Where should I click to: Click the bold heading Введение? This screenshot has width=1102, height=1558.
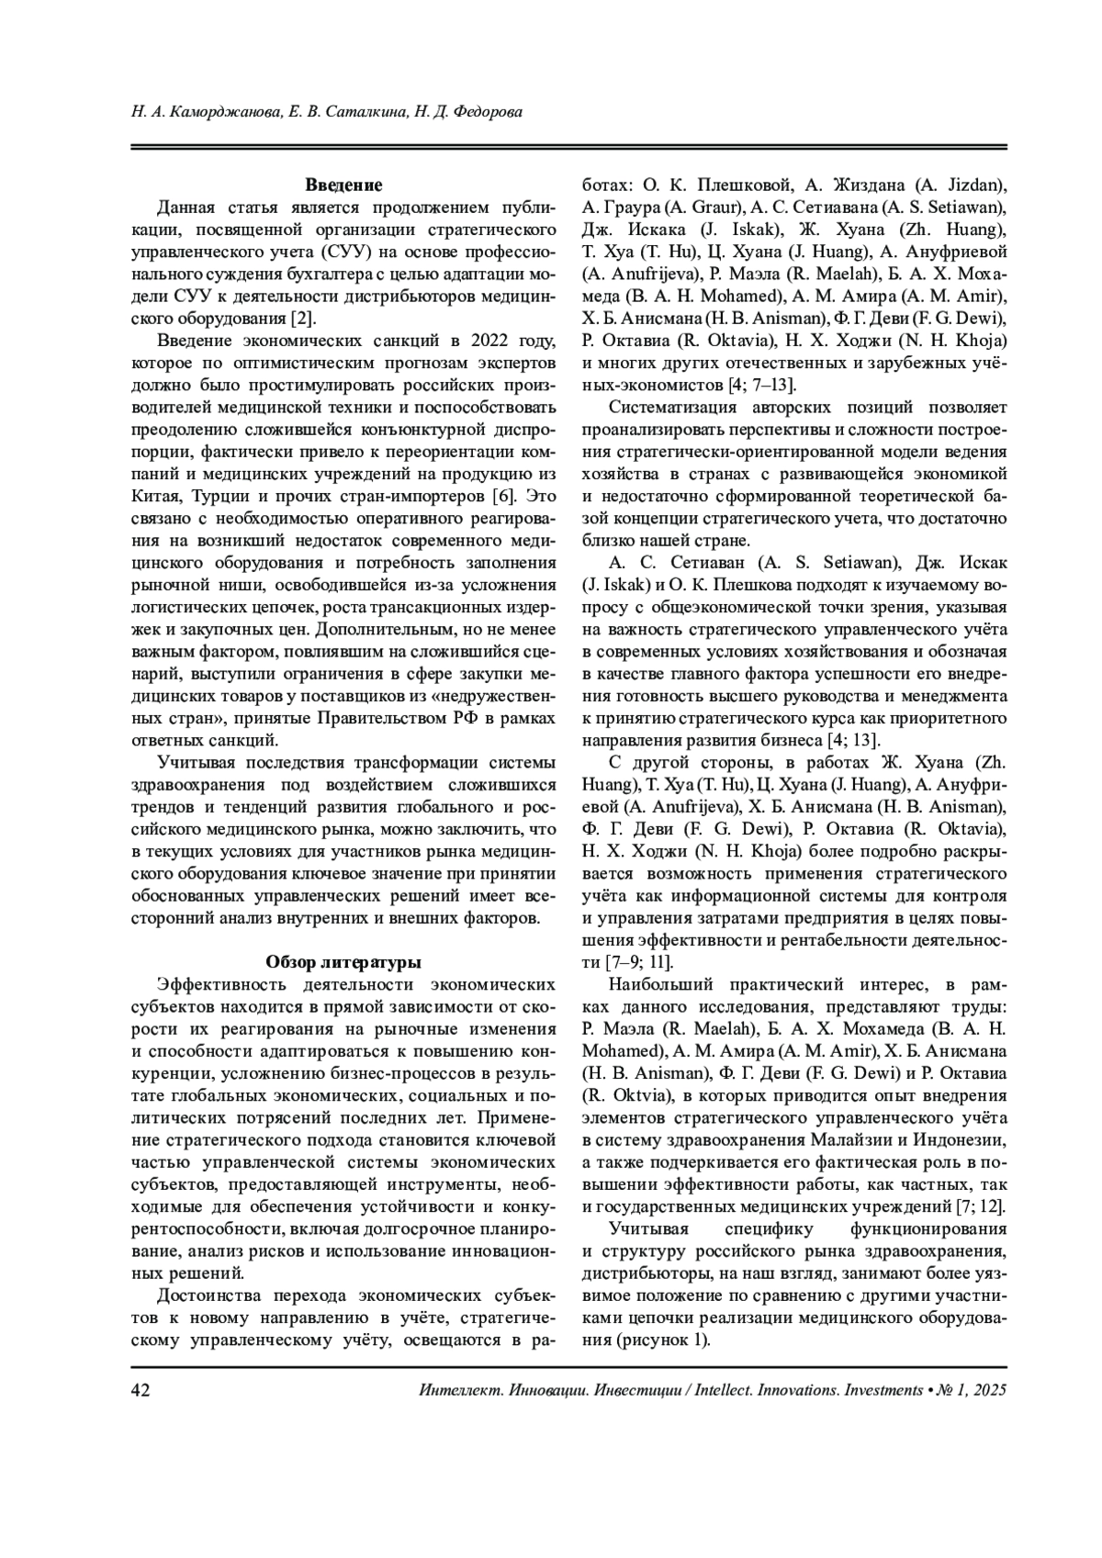pyautogui.click(x=343, y=185)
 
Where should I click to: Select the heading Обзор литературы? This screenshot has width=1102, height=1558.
pyautogui.click(x=343, y=962)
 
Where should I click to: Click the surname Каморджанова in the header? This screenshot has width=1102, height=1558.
pyautogui.click(x=220, y=113)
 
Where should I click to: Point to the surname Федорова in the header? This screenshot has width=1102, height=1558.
pyautogui.click(x=491, y=113)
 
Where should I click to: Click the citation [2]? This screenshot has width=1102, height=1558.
pyautogui.click(x=303, y=318)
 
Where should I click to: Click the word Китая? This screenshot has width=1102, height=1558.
pyautogui.click(x=161, y=496)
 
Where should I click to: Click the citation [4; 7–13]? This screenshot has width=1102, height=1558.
pyautogui.click(x=762, y=384)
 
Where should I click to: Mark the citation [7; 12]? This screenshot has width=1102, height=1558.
pyautogui.click(x=979, y=1206)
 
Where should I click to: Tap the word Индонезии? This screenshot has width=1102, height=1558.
pyautogui.click(x=958, y=1139)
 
